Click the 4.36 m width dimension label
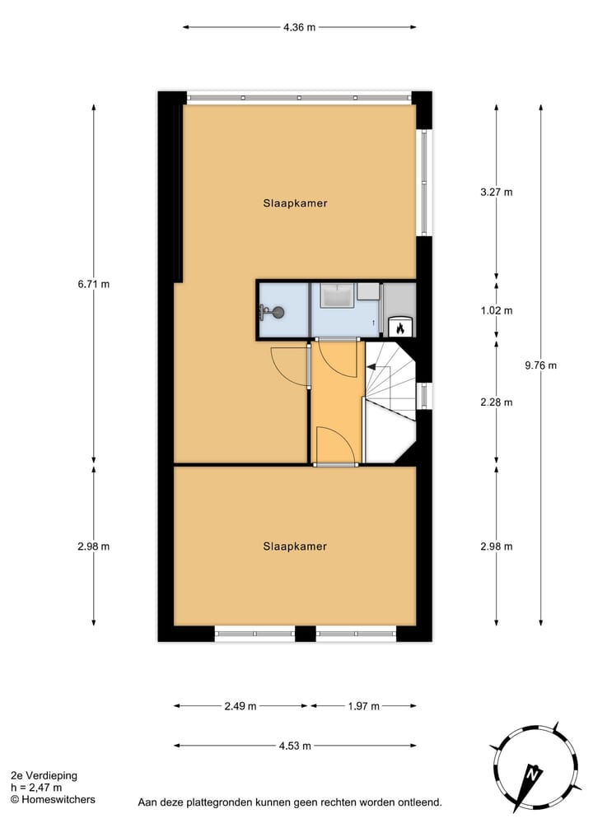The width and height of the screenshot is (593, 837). click(299, 27)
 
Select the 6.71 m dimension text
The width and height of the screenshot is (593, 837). click(93, 284)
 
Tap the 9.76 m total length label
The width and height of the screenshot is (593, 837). click(541, 365)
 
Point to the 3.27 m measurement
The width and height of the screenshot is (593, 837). click(496, 193)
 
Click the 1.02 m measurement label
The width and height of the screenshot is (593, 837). click(496, 310)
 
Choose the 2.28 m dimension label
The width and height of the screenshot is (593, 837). click(496, 402)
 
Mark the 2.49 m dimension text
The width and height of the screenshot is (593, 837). click(240, 706)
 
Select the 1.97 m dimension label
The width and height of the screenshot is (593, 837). click(363, 706)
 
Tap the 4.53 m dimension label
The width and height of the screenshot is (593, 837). click(295, 746)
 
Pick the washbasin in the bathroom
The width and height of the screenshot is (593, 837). click(336, 294)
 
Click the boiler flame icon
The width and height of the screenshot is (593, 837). click(400, 328)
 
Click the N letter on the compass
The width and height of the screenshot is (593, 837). click(533, 774)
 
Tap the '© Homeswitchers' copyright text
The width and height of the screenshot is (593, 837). click(52, 799)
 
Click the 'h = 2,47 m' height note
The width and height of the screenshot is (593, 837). click(36, 788)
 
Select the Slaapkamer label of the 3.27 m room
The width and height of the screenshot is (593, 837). click(295, 203)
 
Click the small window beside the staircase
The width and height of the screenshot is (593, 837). click(423, 396)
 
